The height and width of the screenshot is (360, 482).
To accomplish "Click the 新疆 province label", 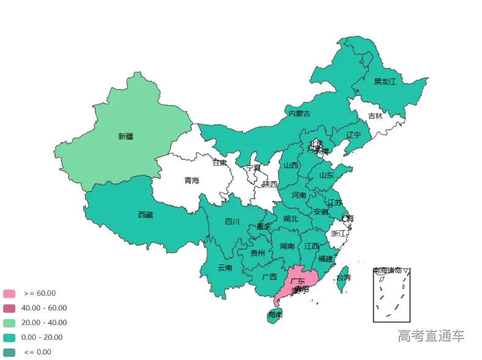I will point(125,137).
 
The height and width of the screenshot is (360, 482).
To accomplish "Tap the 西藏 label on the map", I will point(145,215).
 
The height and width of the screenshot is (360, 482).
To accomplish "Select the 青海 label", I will point(191,181).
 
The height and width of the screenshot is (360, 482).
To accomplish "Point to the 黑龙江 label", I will point(385,81).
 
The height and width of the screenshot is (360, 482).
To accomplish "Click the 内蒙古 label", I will point(299,113).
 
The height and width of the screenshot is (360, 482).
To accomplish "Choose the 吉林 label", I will point(375,116).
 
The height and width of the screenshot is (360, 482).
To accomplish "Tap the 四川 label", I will point(232,222).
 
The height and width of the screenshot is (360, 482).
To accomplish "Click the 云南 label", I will point(224,268).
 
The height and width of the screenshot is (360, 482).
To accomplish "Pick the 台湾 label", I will point(344,277).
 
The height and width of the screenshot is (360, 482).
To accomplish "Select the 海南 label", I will point(275,315).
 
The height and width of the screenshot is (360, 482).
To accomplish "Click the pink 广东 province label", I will point(298,281).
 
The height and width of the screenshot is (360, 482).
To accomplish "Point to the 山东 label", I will point(326,175).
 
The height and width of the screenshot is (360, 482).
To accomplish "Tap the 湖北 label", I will point(290,219).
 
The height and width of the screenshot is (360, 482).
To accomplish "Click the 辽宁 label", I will point(354,135).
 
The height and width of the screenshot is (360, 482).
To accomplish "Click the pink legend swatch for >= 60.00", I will point(9,293).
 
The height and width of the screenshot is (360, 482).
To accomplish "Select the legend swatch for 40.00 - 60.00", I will point(9,308).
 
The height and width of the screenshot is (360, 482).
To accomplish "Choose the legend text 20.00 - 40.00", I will point(44,323).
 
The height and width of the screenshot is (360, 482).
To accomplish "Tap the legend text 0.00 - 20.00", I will point(42,337).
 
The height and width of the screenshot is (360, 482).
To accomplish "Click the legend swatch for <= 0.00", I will point(9,352).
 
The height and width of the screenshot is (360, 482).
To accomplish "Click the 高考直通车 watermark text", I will point(431,336).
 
